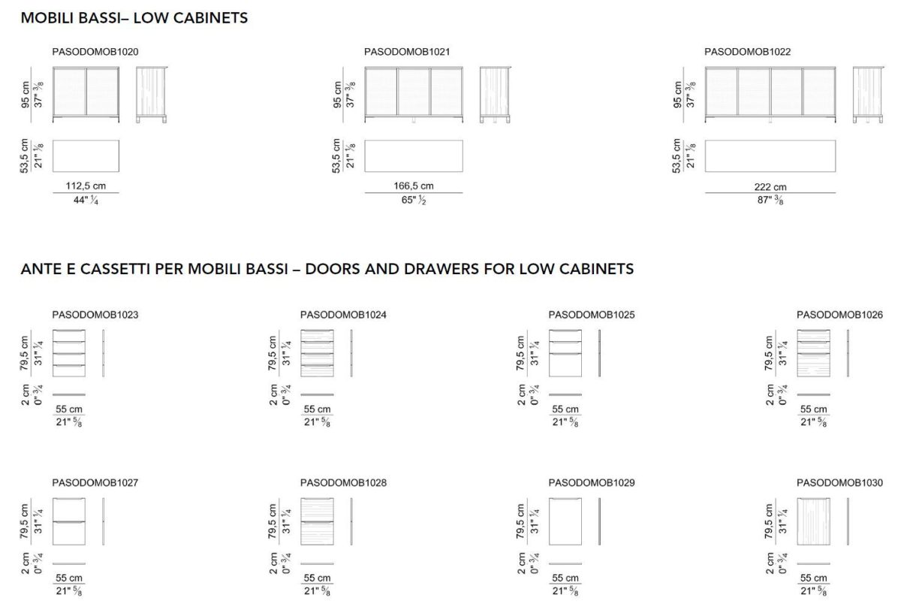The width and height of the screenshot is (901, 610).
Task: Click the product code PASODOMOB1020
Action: point(95,52)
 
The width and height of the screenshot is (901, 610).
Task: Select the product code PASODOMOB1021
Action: point(407,52)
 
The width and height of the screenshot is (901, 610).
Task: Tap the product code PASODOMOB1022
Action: point(748,52)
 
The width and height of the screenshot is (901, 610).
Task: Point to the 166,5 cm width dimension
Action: point(413,186)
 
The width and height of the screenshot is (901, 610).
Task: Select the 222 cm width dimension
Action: point(770,187)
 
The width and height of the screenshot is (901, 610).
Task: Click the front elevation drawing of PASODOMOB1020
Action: point(86,93)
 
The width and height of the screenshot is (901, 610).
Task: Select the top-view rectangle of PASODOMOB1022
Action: point(770,155)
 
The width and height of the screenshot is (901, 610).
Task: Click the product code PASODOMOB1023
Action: point(95,315)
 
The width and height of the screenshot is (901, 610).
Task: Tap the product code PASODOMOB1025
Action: point(592,315)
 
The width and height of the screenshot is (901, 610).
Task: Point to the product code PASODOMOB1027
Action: point(95,483)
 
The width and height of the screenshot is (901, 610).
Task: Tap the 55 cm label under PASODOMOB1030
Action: point(813,578)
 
